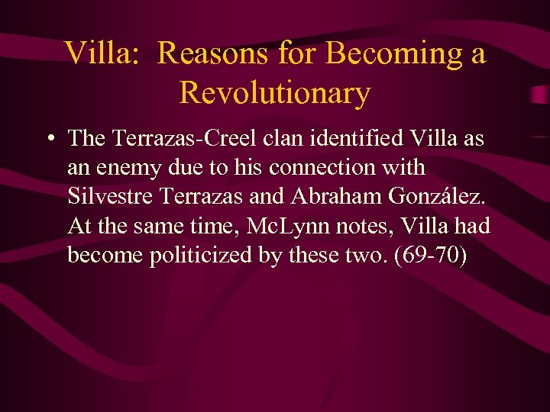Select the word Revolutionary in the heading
275,93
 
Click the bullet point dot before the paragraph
49,140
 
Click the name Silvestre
112,196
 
